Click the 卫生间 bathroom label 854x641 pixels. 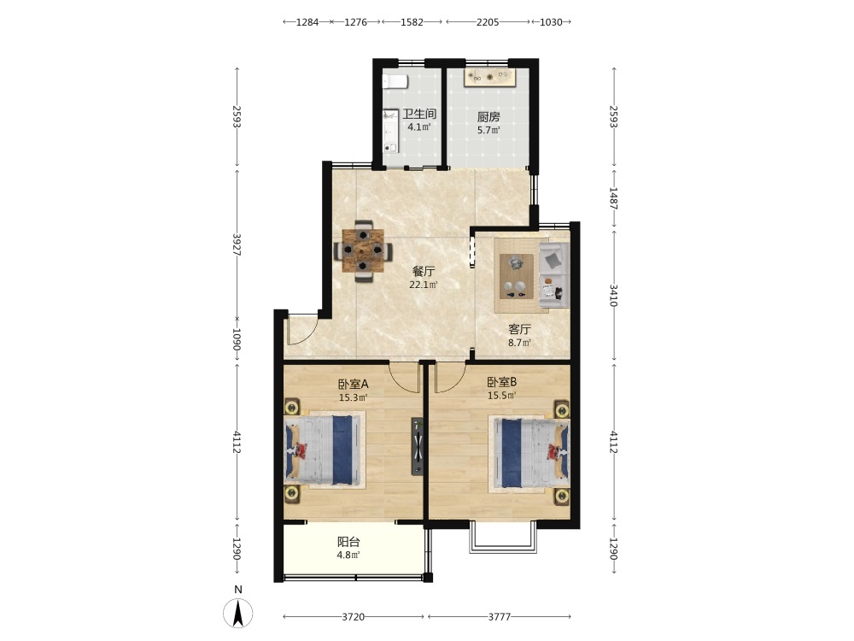click(x=419, y=114)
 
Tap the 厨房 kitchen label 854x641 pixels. click(x=488, y=116)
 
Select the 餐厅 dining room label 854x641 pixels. click(x=424, y=271)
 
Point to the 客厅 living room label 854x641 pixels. click(x=519, y=329)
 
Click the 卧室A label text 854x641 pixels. click(x=353, y=384)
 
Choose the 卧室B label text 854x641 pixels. click(x=501, y=382)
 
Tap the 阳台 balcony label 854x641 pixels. click(x=348, y=542)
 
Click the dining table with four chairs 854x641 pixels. click(x=363, y=250)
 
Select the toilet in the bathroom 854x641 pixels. click(x=395, y=81)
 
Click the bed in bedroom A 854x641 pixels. click(x=324, y=450)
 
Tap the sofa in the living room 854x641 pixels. click(x=554, y=275)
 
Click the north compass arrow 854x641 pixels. click(x=238, y=613)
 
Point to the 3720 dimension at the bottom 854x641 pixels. click(x=353, y=616)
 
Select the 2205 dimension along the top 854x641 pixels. click(x=488, y=22)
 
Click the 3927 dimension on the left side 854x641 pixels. click(x=237, y=244)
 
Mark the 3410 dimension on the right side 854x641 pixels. click(x=613, y=295)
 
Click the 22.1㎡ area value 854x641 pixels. click(x=424, y=285)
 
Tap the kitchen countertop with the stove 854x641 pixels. click(x=488, y=78)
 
